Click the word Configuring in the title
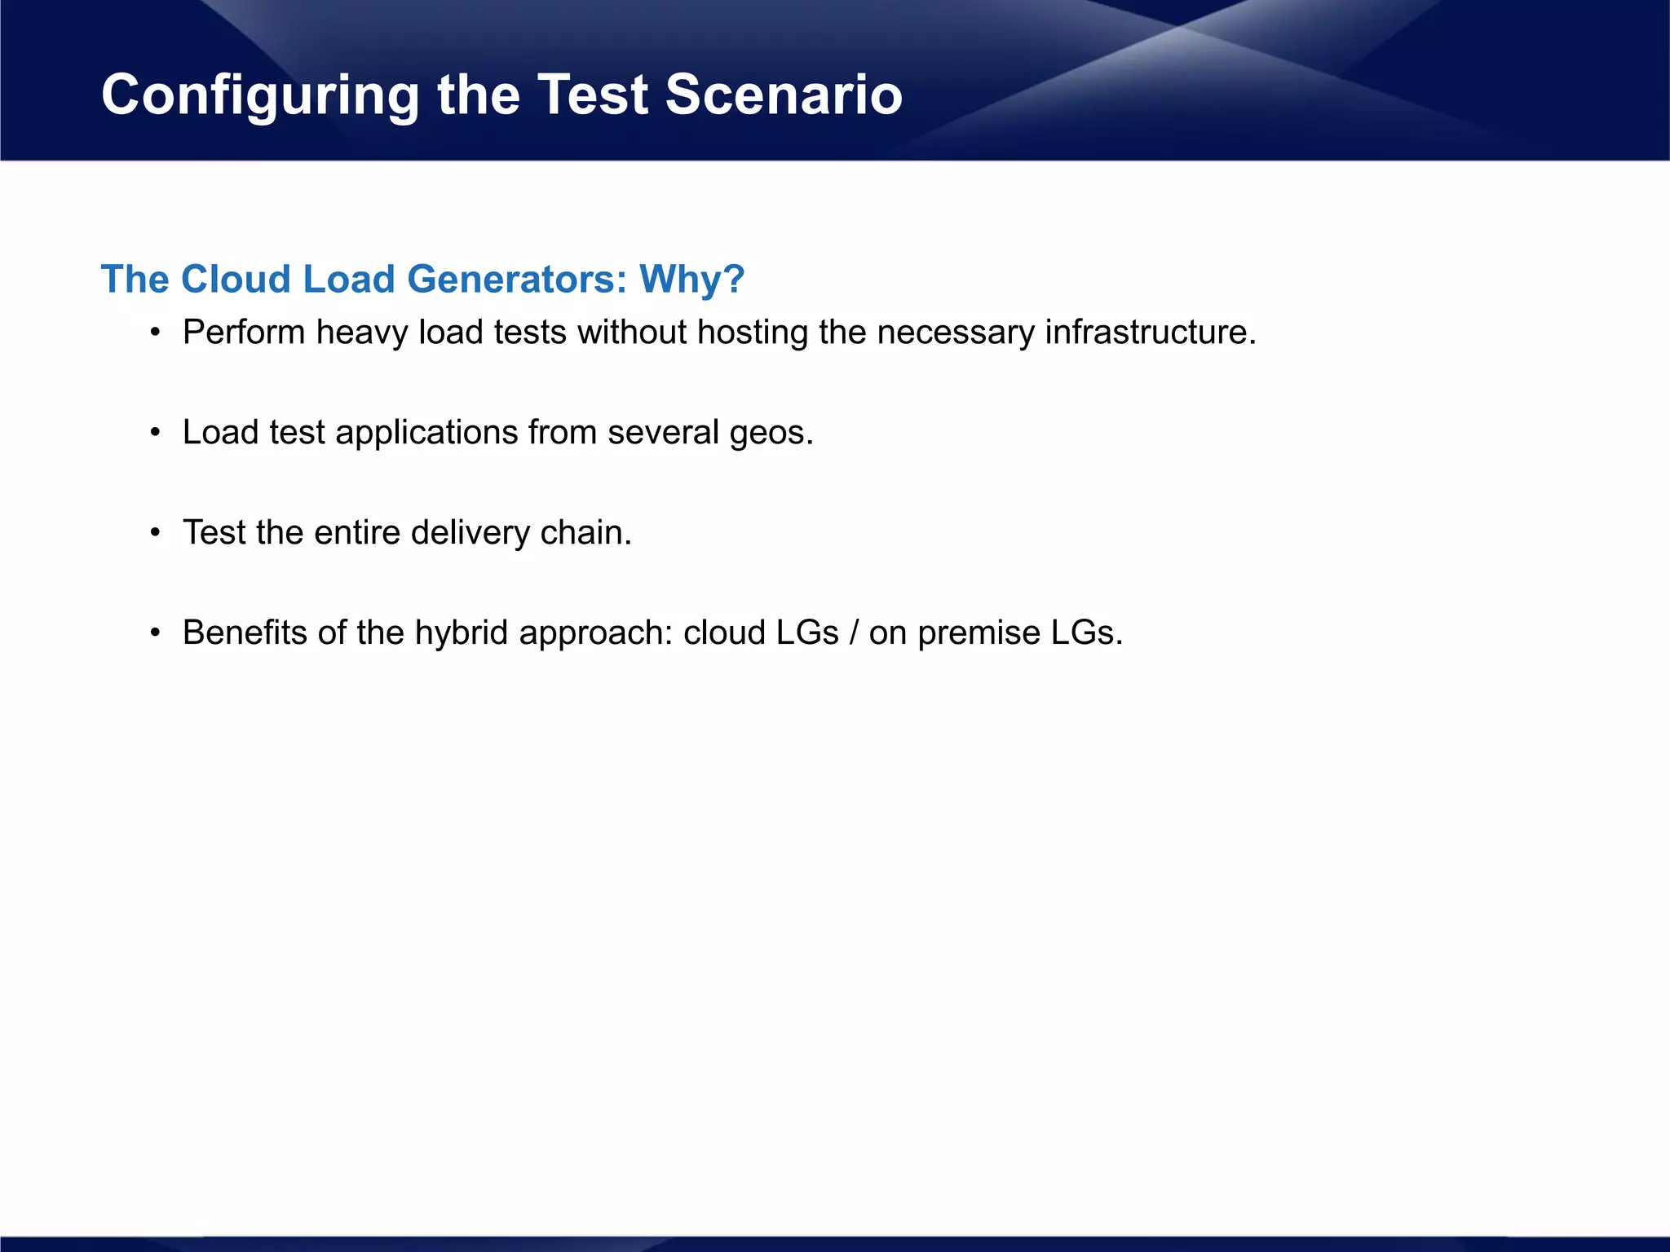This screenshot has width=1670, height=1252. (x=259, y=95)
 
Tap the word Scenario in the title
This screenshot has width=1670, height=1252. (x=783, y=95)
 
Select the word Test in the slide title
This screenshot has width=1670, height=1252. (x=592, y=95)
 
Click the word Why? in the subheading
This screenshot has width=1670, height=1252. (x=691, y=280)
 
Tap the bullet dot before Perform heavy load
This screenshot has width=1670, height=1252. (x=155, y=333)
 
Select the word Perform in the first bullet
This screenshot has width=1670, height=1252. (x=244, y=333)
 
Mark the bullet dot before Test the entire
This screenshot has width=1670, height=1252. (x=155, y=534)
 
